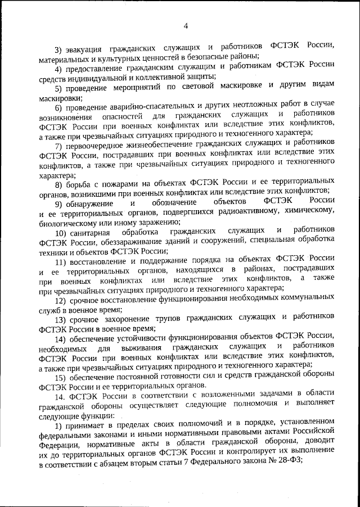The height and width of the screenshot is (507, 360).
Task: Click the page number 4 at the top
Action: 185,24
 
